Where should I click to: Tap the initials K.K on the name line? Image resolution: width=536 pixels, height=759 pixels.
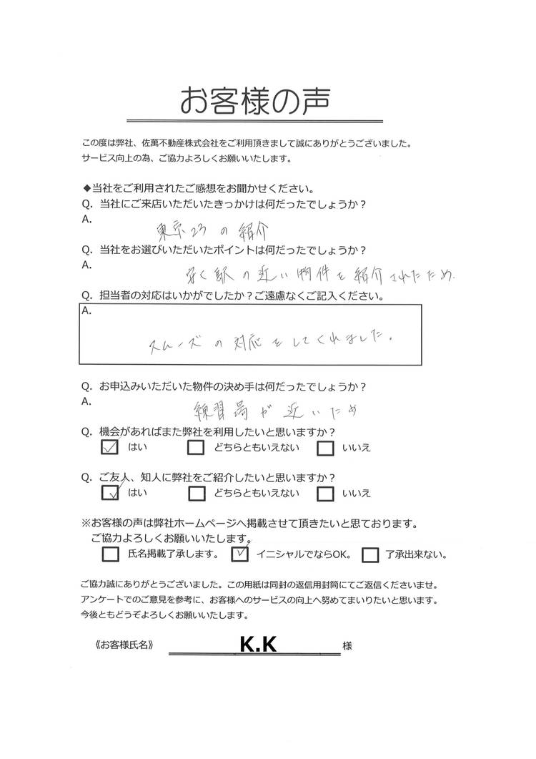pyautogui.click(x=258, y=645)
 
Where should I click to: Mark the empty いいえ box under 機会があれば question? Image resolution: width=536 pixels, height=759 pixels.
pyautogui.click(x=325, y=449)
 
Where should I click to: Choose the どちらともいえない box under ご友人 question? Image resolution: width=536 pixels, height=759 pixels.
pyautogui.click(x=197, y=493)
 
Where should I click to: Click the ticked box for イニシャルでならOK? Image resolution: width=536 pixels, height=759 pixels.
pyautogui.click(x=242, y=554)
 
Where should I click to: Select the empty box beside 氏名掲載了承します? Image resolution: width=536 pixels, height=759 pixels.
pyautogui.click(x=111, y=554)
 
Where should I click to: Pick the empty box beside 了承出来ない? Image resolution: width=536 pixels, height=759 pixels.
pyautogui.click(x=370, y=554)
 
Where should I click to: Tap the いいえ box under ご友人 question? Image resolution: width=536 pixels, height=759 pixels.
pyautogui.click(x=325, y=493)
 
